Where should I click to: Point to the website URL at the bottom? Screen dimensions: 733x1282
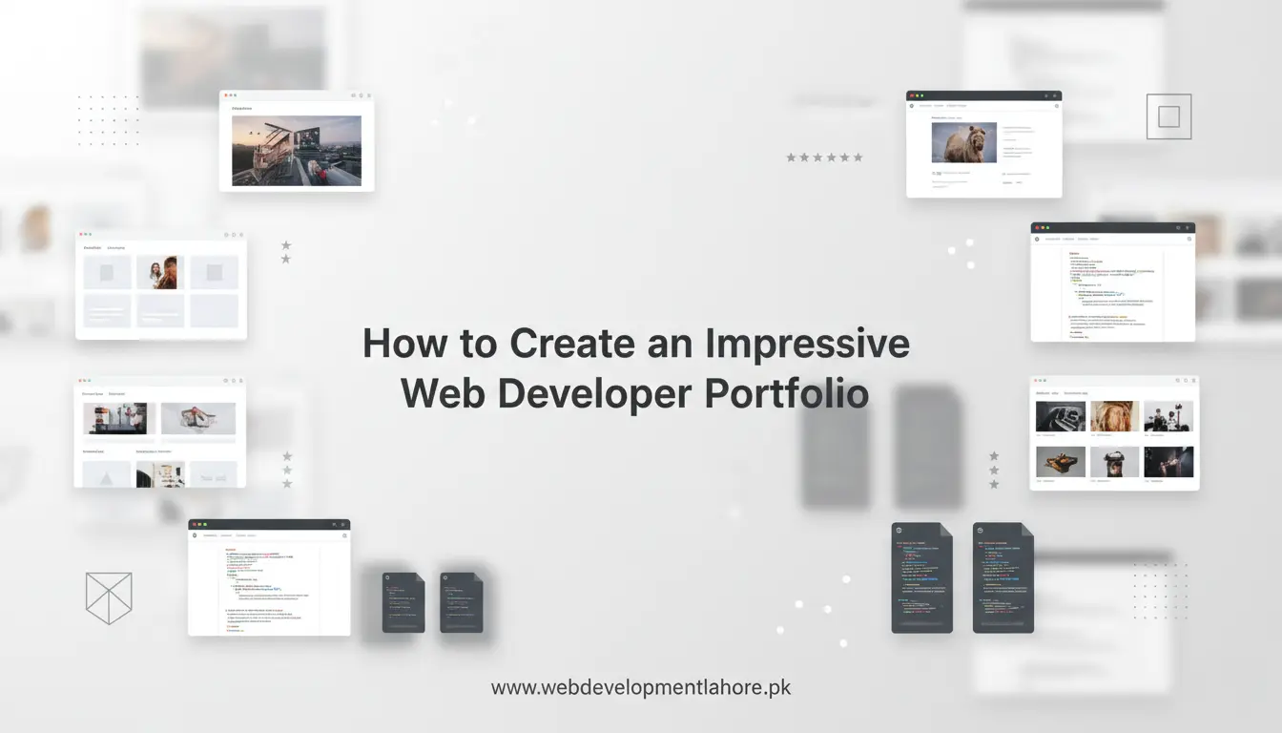(x=640, y=687)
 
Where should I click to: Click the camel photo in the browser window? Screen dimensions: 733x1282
(x=963, y=142)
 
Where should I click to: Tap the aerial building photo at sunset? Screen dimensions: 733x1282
(x=297, y=151)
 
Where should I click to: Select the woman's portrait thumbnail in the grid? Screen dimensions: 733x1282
(x=156, y=272)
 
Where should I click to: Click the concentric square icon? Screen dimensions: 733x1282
(x=1168, y=116)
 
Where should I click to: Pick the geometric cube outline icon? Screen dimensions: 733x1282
(x=109, y=597)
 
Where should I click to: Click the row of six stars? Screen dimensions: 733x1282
(x=824, y=157)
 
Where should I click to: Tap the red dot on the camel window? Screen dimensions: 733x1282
(x=912, y=96)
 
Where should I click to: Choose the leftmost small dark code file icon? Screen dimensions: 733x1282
(x=403, y=603)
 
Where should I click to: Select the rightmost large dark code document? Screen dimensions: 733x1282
(x=1003, y=577)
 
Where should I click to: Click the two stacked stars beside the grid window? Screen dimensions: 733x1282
(x=286, y=252)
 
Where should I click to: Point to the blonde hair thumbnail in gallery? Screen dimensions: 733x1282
(x=1114, y=416)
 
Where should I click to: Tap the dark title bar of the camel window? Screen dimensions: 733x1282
(x=982, y=96)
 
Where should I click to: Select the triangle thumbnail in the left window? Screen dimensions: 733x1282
(x=107, y=473)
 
